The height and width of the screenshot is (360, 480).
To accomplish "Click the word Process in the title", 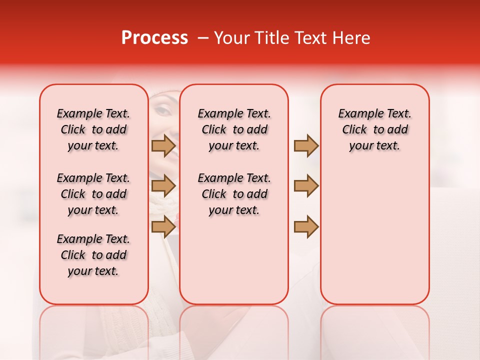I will point(154,38).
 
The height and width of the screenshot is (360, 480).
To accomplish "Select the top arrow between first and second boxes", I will point(163,146).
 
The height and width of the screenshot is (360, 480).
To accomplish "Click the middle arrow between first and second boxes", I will point(163,186).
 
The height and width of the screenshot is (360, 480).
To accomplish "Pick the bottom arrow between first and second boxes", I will point(163,226).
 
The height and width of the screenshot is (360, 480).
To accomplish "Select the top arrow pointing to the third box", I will point(306,146).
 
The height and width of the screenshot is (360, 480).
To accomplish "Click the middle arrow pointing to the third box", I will point(306,186).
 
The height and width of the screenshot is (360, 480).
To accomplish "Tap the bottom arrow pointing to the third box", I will point(306,226).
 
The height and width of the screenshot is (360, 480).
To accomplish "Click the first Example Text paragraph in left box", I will point(93,129).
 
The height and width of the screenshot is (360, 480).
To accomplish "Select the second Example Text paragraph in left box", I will point(93,194).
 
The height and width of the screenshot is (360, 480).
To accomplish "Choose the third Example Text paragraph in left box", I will point(93,255).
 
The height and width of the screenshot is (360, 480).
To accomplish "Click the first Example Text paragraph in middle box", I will point(234,129).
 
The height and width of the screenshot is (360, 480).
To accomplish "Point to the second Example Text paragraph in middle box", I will point(234,194).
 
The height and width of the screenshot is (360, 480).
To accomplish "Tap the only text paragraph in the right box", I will point(374,129).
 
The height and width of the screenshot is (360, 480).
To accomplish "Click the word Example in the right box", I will point(358,114).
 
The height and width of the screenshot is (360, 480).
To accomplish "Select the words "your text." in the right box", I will point(374,146).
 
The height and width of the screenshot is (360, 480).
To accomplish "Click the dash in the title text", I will point(203,38).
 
